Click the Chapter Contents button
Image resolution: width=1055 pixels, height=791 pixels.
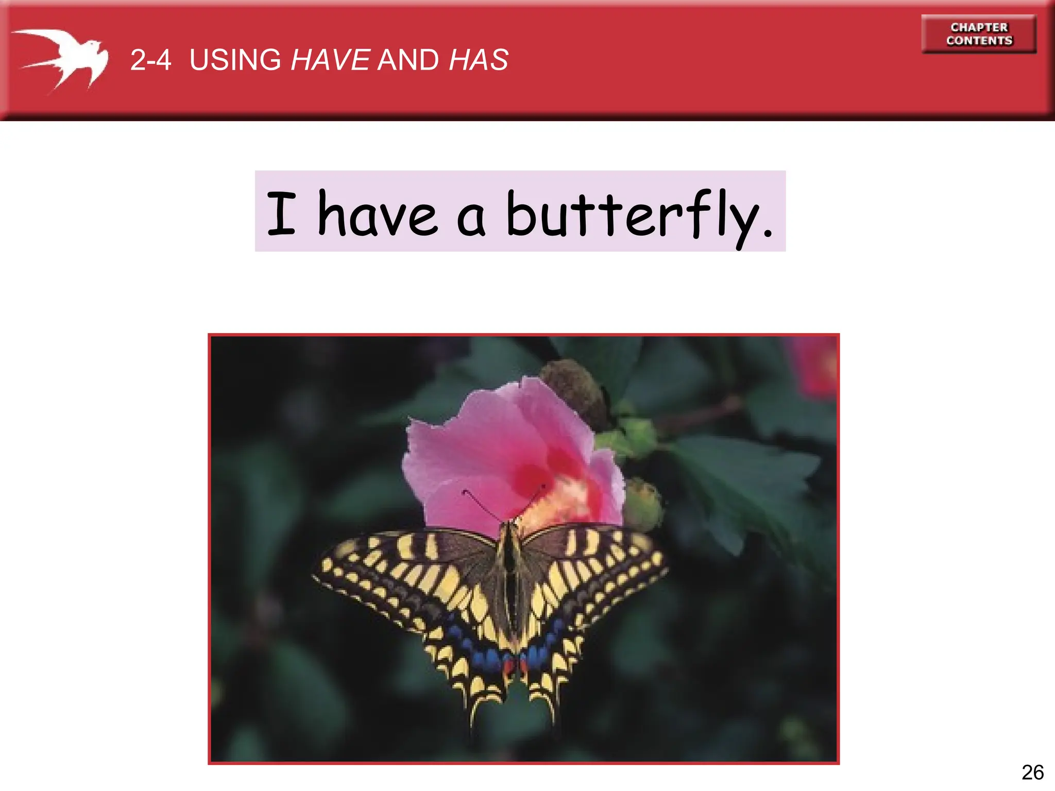coord(979,34)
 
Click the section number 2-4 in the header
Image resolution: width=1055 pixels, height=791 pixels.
coord(150,60)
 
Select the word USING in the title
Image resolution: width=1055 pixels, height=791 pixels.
coord(235,60)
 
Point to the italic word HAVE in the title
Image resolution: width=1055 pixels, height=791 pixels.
coord(330,60)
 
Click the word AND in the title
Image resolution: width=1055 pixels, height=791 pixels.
coord(408,60)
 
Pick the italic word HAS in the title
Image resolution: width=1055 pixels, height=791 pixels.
coord(479,60)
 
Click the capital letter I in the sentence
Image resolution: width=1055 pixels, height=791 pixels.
coord(281,213)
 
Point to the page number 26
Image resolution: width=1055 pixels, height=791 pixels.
coord(1032,772)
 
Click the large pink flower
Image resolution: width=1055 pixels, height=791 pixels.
coord(495,453)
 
